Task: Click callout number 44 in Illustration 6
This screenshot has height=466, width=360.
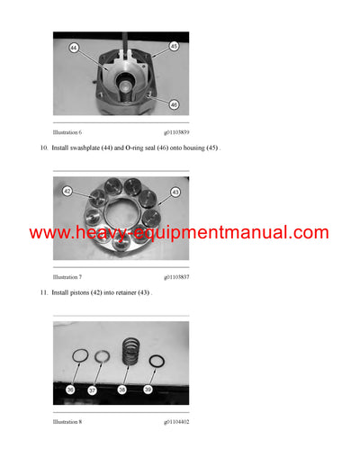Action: click(75, 47)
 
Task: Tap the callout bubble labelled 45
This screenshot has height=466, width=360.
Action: click(173, 46)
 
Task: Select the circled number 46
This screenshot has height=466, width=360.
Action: click(173, 104)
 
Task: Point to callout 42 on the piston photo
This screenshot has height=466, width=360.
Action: click(67, 191)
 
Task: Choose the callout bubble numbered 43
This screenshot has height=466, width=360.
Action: click(175, 193)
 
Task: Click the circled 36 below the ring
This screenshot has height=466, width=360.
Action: click(70, 390)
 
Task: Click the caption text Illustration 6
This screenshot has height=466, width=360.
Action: click(68, 132)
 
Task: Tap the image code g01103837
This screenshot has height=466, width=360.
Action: click(176, 276)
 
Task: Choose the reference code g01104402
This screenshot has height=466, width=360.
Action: click(176, 421)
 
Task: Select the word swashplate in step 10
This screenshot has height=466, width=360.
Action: click(91, 148)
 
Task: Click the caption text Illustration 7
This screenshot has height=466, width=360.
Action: click(68, 276)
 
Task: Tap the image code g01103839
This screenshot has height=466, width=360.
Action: click(176, 132)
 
